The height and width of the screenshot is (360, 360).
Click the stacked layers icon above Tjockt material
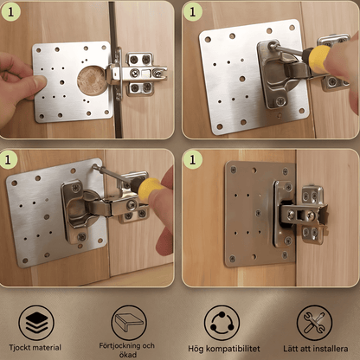[36, 323]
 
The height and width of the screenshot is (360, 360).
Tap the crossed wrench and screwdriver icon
[314, 323]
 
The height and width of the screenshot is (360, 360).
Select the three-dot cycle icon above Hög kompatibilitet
[222, 323]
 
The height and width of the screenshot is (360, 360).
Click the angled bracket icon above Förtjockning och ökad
[129, 323]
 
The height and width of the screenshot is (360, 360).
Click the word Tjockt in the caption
[20, 348]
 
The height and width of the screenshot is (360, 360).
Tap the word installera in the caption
[331, 349]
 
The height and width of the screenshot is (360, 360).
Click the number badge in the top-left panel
[11, 12]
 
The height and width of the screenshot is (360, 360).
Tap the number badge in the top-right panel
[192, 12]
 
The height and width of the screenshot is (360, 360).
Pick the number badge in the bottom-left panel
[9, 159]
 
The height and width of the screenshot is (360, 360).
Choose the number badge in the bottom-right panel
[192, 159]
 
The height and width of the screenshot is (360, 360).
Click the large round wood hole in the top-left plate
[92, 80]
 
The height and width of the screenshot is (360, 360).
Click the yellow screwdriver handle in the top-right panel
[319, 59]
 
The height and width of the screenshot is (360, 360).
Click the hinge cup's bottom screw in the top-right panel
[280, 100]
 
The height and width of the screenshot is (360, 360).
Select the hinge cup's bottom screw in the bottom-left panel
[82, 237]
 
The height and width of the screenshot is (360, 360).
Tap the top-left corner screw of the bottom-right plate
[234, 170]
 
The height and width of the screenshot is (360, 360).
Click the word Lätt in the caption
[290, 348]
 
